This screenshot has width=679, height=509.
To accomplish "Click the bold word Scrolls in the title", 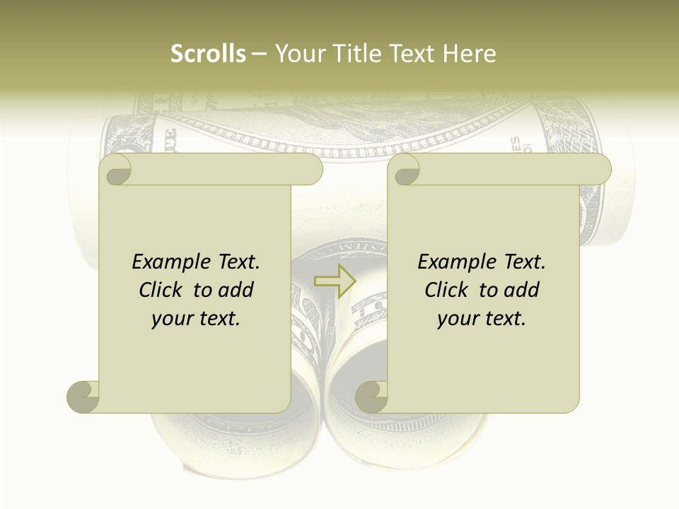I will [x=209, y=54].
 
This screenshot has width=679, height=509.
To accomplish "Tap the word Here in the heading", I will [x=470, y=54].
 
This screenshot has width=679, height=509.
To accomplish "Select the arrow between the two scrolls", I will [x=335, y=281].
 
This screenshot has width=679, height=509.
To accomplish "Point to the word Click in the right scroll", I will [x=446, y=290].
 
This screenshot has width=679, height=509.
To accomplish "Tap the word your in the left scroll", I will [x=172, y=319].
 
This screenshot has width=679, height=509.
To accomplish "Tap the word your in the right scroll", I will [x=458, y=319].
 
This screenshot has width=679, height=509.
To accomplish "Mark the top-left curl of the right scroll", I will [x=405, y=170].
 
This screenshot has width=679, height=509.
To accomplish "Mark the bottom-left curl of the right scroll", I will [x=371, y=396].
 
